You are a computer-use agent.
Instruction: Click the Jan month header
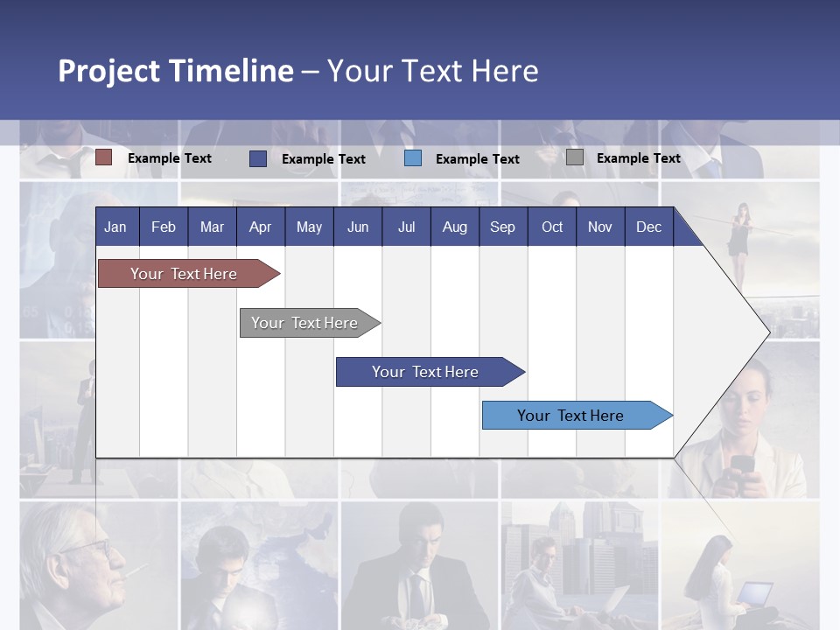click(115, 227)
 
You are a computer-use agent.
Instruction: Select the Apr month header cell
click(260, 227)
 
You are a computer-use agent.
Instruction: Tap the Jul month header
click(406, 227)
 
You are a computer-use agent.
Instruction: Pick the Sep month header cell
click(502, 227)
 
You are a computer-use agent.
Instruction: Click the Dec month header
click(648, 227)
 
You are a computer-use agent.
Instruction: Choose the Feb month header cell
click(164, 227)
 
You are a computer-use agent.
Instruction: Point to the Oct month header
click(552, 227)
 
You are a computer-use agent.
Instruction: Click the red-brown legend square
click(104, 157)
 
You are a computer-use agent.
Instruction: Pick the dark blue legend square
click(258, 158)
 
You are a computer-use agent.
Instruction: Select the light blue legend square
click(413, 157)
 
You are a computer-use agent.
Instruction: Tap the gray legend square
click(575, 157)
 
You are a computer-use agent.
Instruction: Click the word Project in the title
click(109, 71)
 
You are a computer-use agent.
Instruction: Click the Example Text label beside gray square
click(638, 157)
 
